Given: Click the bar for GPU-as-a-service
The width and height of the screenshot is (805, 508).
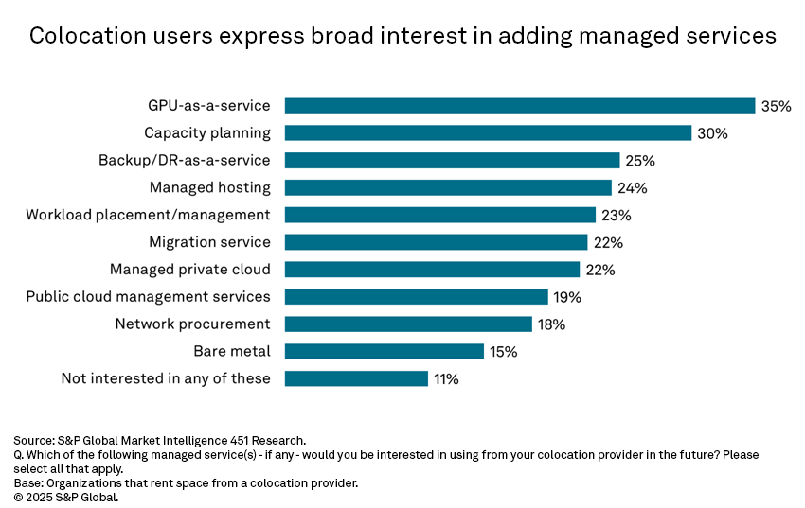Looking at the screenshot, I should click(519, 106).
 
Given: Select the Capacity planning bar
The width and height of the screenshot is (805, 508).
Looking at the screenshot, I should click(488, 133).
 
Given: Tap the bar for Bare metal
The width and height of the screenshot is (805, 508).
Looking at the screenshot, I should click(385, 352).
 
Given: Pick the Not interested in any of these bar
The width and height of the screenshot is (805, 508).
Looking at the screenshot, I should click(356, 378).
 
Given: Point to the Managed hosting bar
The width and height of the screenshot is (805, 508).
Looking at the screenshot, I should click(448, 187).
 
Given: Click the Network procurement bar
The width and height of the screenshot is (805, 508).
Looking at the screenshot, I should click(408, 324).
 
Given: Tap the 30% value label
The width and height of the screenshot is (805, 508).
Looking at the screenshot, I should click(712, 134).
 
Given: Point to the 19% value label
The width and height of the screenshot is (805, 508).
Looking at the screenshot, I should click(566, 297).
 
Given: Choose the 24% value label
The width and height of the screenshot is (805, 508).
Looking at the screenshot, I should click(632, 188).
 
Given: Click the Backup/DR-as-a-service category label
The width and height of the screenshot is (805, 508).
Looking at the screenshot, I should click(185, 161).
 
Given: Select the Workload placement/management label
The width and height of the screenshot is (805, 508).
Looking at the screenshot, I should click(148, 215).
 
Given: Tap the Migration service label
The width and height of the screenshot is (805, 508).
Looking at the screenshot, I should click(209, 242).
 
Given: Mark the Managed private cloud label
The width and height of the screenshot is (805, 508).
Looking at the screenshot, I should click(190, 270).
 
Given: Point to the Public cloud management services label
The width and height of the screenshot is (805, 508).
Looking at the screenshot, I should click(148, 297).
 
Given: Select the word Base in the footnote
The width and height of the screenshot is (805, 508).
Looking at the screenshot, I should click(28, 483).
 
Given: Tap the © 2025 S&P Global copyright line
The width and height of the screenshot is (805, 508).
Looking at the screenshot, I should click(66, 497).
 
